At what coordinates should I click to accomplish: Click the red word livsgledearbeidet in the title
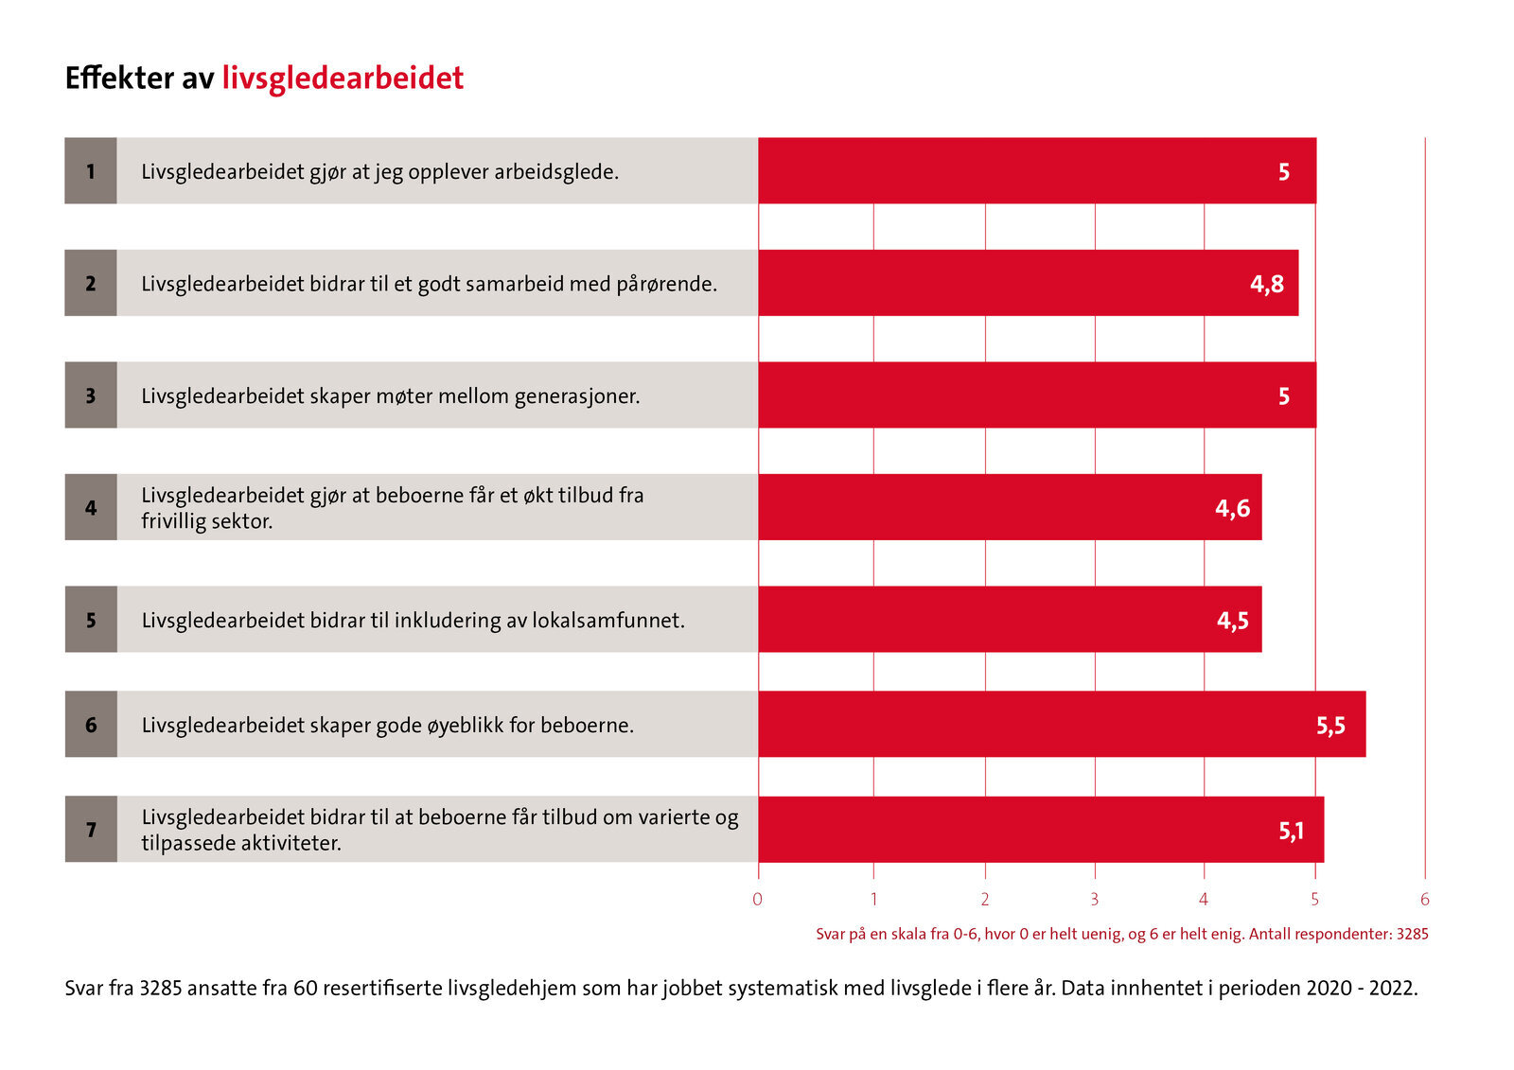click(x=343, y=79)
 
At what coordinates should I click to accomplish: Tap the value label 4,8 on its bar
click(x=1266, y=284)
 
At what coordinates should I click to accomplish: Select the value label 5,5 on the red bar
click(x=1329, y=726)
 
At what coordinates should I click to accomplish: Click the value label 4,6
click(x=1232, y=509)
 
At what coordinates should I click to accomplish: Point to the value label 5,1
click(x=1291, y=831)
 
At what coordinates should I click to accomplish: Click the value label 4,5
click(x=1232, y=621)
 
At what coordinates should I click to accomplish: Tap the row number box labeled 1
click(x=91, y=171)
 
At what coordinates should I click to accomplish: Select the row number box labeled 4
click(x=91, y=508)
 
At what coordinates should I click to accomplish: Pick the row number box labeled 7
click(x=91, y=830)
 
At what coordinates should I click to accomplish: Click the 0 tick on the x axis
click(x=757, y=900)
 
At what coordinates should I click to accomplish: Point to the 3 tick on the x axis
click(x=1095, y=900)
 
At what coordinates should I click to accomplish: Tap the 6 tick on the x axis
click(x=1424, y=900)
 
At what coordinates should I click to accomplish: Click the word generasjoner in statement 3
click(x=576, y=396)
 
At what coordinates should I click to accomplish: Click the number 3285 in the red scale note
click(x=1412, y=934)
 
